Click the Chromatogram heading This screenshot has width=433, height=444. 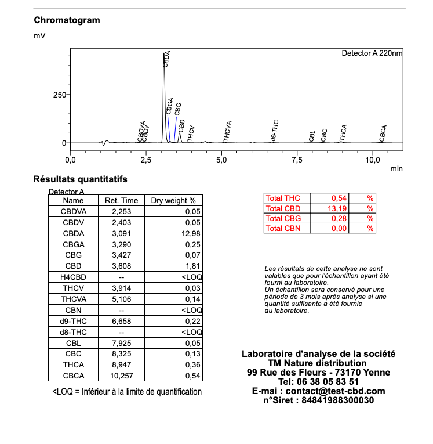(x=67, y=20)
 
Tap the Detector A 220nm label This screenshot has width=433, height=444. (x=372, y=53)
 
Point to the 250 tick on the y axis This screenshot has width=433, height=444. (x=60, y=95)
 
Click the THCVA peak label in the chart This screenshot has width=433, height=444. (x=228, y=131)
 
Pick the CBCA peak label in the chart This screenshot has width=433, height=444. (x=383, y=133)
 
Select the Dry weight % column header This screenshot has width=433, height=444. (x=173, y=201)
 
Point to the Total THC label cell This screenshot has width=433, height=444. (x=283, y=198)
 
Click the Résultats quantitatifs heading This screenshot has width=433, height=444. (x=80, y=179)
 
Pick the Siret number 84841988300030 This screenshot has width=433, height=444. (x=339, y=400)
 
